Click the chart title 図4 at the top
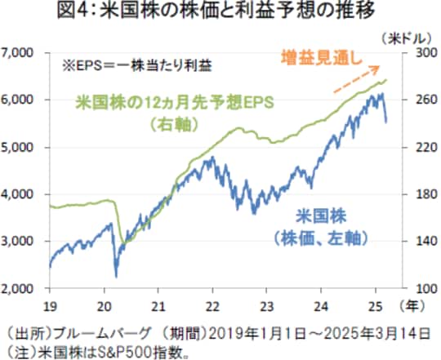[x=220, y=12]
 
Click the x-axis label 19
[x=51, y=305]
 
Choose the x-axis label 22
[x=212, y=305]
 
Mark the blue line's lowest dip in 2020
[x=116, y=275]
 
